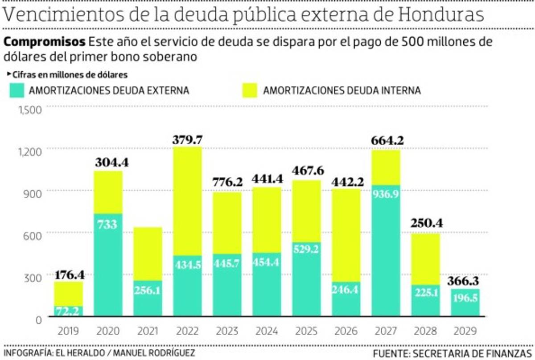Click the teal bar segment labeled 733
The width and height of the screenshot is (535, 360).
pos(108,265)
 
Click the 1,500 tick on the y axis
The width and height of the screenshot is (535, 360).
pos(31,109)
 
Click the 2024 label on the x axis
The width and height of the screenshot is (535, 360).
pos(267,331)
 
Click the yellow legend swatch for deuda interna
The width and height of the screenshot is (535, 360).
pos(250,90)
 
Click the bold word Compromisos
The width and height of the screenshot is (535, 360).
pos(45,42)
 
